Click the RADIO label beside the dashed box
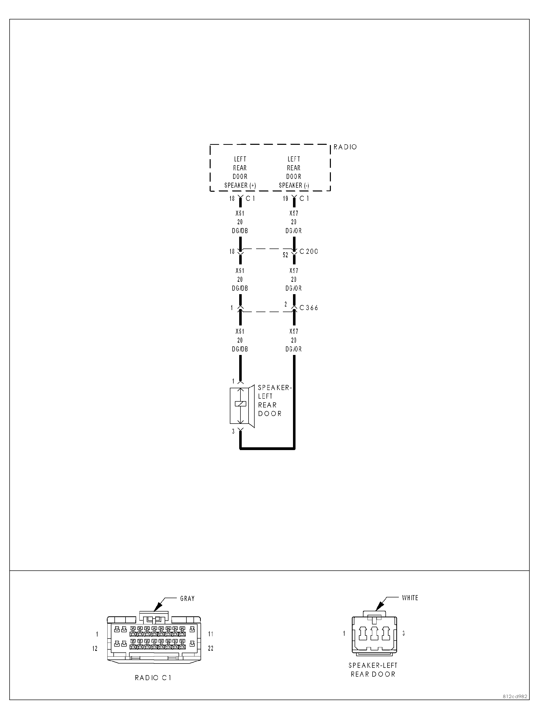345,147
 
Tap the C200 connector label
309,251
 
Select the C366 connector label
309,308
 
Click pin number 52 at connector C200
285,255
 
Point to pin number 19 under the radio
285,199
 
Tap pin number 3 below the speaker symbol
233,432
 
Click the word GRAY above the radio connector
187,598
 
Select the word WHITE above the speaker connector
410,598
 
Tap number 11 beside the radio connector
211,634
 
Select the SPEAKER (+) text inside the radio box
240,186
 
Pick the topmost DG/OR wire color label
293,231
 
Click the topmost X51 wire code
240,213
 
